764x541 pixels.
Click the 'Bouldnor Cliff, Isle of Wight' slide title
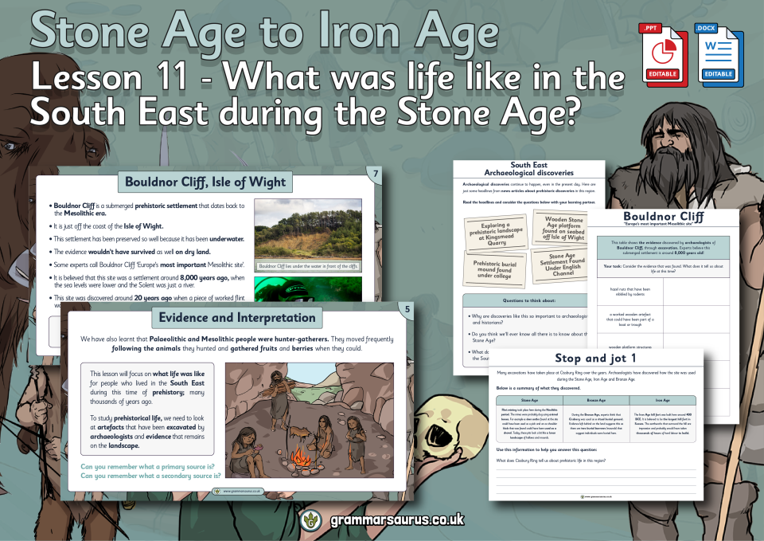click(205, 182)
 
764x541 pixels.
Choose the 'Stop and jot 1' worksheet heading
click(595, 359)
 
